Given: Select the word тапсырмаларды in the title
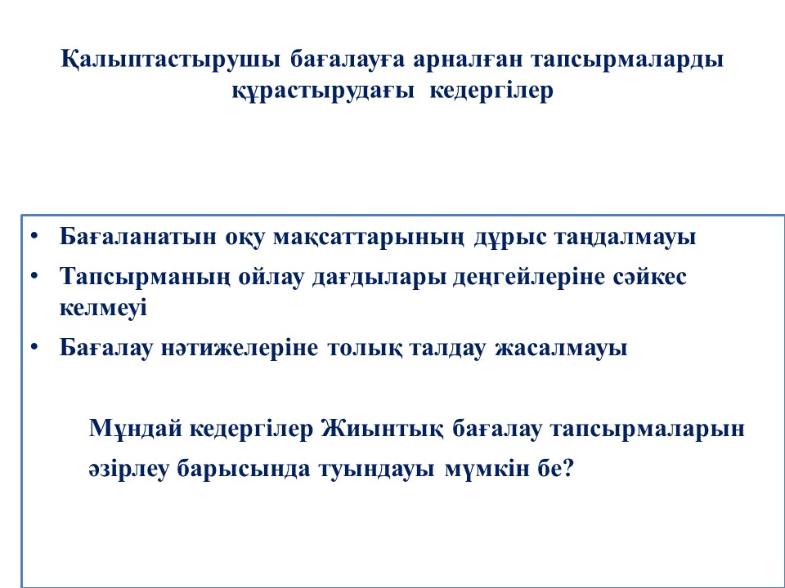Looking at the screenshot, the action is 627,60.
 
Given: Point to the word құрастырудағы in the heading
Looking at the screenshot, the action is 323,91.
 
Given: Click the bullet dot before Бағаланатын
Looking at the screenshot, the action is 34,235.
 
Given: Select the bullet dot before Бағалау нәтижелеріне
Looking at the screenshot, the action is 34,347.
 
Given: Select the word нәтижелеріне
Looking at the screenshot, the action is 239,348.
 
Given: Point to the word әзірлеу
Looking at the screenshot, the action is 128,469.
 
